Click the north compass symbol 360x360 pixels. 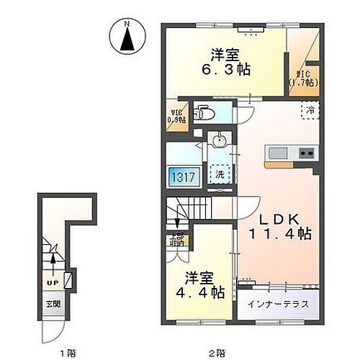pos(127,38)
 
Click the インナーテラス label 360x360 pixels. pos(278,304)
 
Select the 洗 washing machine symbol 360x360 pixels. pos(217,174)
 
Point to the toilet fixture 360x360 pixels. pos(204,112)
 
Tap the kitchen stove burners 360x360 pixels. pos(306,153)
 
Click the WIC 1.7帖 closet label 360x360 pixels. pos(300,78)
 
